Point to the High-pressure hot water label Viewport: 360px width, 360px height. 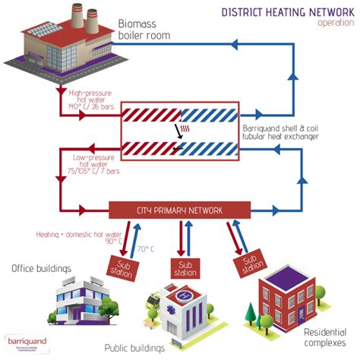point(92,99)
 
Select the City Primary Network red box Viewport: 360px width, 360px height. point(179,208)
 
